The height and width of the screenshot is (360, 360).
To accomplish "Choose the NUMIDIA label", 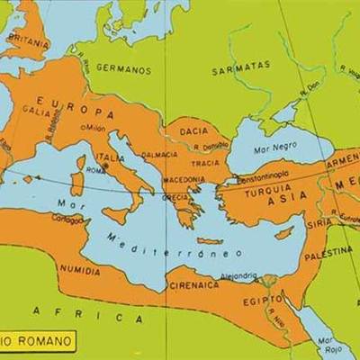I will tap(78, 269).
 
